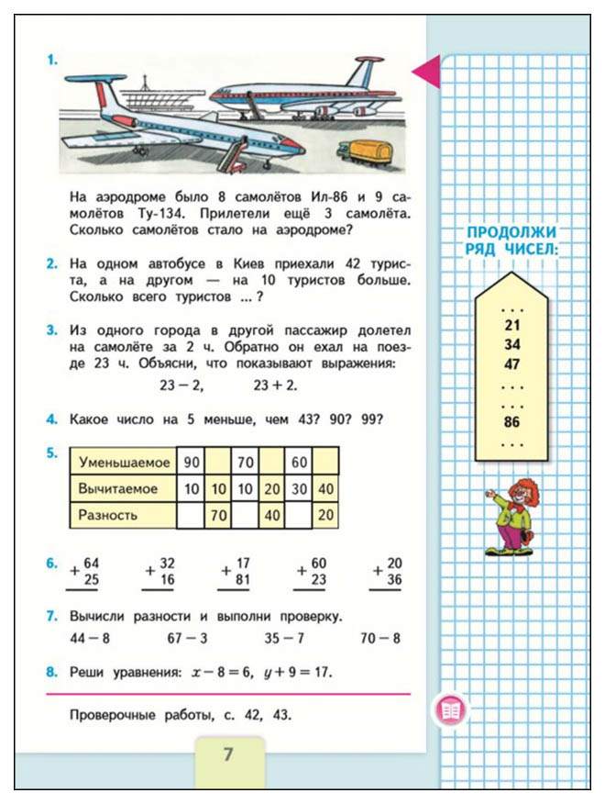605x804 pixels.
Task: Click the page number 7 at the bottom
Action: [x=229, y=755]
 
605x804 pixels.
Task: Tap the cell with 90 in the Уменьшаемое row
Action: [x=191, y=462]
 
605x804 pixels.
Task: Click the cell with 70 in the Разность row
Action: [x=218, y=514]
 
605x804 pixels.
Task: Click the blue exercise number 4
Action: [x=52, y=420]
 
